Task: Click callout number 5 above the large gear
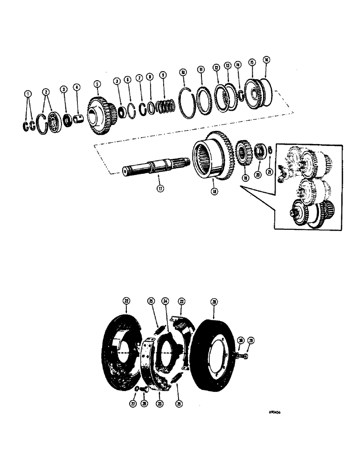click(x=97, y=84)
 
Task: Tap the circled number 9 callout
click(x=162, y=75)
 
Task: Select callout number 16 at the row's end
click(x=266, y=60)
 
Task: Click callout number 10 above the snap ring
click(x=183, y=72)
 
